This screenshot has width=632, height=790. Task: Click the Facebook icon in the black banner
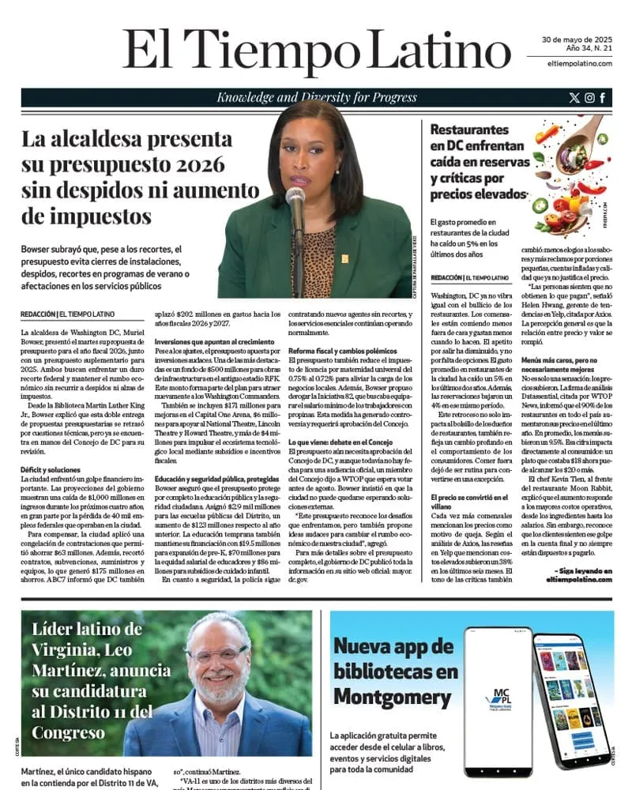[604, 98]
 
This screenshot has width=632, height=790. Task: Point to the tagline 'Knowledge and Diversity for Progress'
[316, 98]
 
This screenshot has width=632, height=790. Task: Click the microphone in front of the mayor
[296, 201]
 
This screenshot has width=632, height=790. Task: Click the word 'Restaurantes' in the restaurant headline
[469, 129]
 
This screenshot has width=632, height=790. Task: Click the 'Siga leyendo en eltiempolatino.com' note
[583, 574]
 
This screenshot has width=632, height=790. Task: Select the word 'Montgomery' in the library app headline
[381, 698]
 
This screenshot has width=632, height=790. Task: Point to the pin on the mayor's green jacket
[345, 258]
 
